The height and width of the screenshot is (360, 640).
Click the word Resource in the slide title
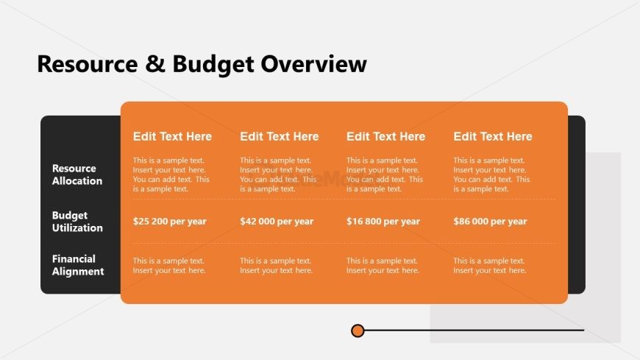88,64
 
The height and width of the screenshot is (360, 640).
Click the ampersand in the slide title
155,64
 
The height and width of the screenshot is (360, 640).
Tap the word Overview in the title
313,64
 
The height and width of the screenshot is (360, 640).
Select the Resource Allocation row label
77,174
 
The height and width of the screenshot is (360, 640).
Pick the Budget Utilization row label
77,222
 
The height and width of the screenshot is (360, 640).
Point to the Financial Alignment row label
78,265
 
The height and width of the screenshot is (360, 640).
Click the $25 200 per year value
170,222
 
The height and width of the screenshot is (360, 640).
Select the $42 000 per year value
277,222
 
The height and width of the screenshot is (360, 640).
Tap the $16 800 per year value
383,222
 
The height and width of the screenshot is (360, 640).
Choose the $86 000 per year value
490,222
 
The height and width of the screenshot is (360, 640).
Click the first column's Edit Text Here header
172,136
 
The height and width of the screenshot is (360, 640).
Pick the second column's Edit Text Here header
280,136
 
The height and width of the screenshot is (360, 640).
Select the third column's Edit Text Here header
385,136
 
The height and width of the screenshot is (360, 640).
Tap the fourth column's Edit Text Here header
493,136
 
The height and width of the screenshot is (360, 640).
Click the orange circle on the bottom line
358,331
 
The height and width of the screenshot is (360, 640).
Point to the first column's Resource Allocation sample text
171,174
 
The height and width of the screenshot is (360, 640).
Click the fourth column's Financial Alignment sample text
490,266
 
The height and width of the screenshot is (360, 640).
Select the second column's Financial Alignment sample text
277,266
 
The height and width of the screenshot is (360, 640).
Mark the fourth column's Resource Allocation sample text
491,174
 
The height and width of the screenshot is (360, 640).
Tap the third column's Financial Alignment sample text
383,266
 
